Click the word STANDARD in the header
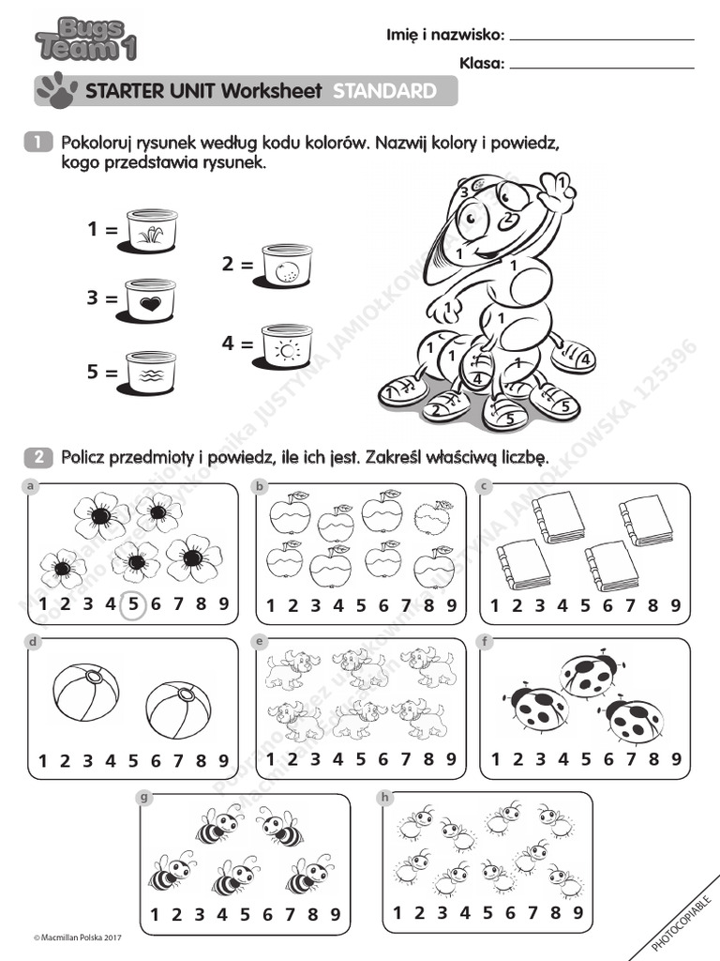point(384,91)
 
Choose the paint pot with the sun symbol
point(287,345)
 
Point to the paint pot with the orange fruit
point(287,266)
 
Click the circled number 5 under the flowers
point(133,604)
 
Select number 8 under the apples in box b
point(428,605)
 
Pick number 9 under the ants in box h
point(577,912)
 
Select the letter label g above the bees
point(144,798)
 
